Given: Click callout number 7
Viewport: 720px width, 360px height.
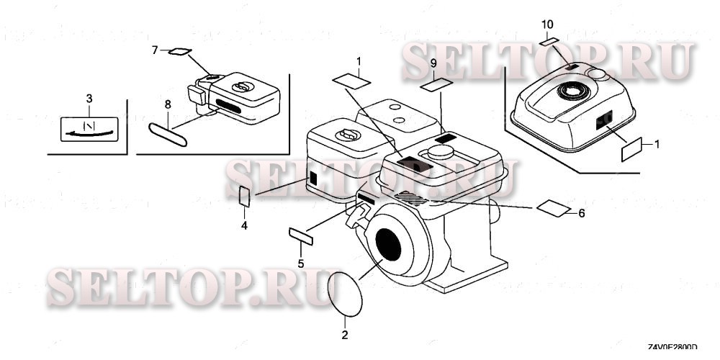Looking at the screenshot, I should tap(154, 50).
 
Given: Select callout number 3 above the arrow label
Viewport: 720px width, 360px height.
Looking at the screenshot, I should tap(89, 97).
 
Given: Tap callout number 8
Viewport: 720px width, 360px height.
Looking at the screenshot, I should tap(168, 104).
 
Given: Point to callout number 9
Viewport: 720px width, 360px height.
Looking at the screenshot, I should tap(433, 64).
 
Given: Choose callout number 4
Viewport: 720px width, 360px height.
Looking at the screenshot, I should tap(244, 226).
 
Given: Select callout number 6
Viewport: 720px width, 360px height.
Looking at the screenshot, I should tap(582, 213).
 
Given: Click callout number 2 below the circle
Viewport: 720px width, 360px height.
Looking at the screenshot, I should tap(344, 336).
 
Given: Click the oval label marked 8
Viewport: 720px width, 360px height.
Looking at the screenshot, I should tap(168, 135).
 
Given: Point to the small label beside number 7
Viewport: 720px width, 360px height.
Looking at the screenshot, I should tap(180, 51).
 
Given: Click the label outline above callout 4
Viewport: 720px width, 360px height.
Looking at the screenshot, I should tap(244, 196).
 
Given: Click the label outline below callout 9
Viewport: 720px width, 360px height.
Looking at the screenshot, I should tap(434, 86).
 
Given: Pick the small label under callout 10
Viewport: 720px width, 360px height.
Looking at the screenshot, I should tap(549, 42).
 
